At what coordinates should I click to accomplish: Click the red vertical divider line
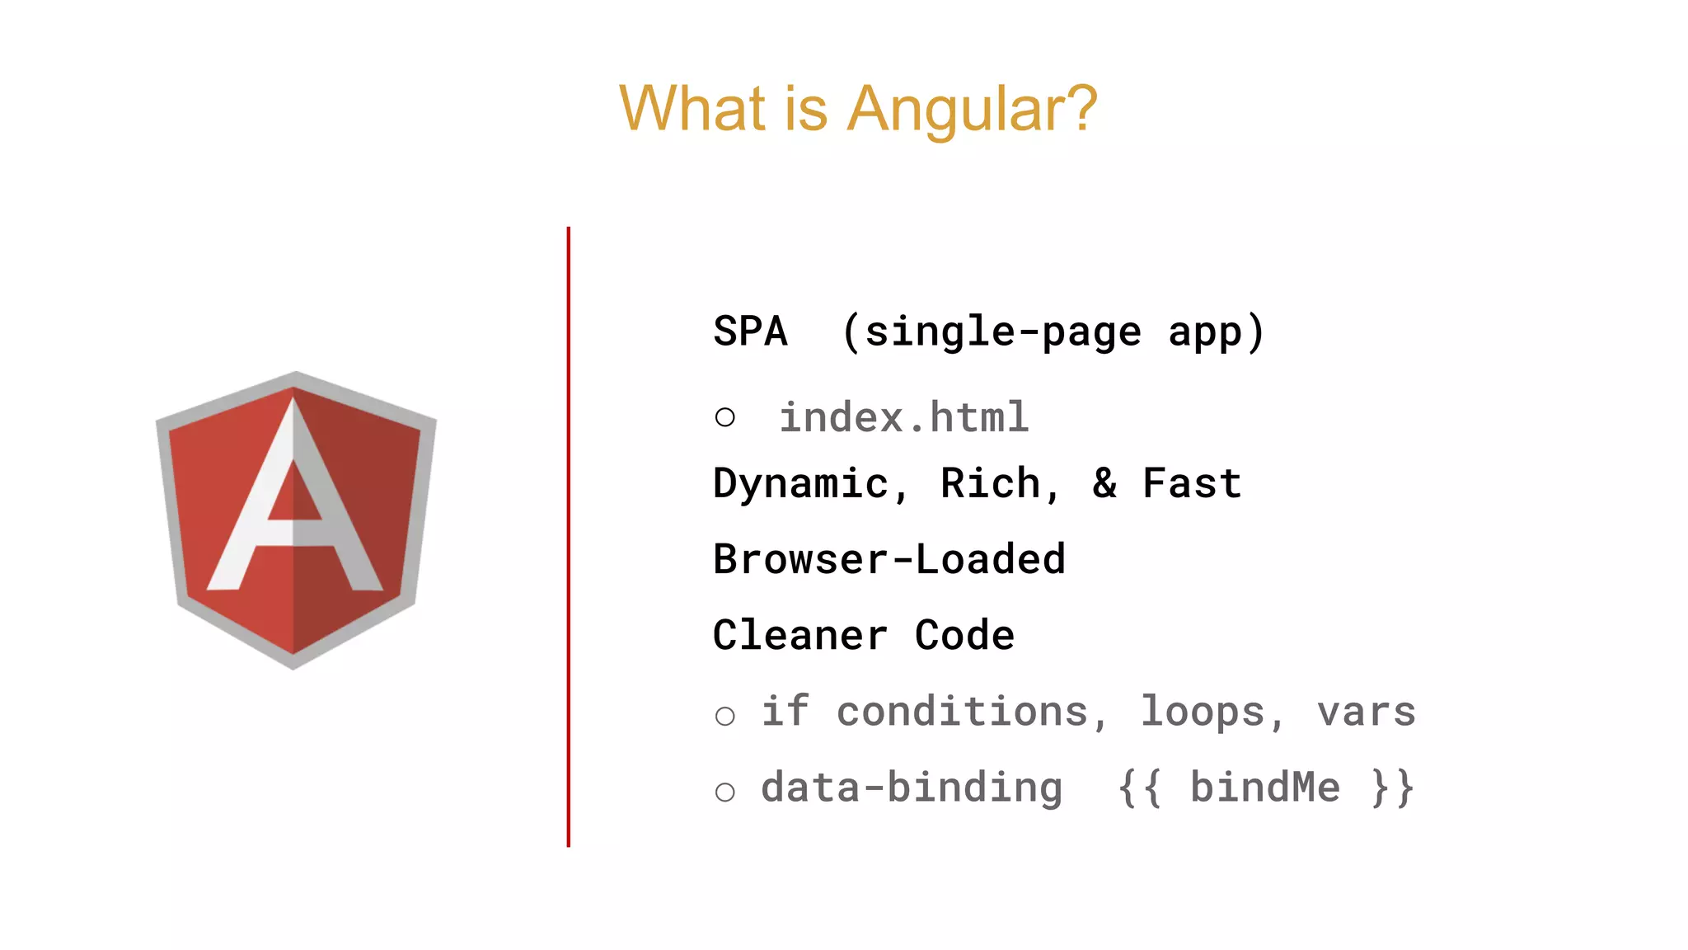tap(568, 536)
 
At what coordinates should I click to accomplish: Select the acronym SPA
tap(750, 332)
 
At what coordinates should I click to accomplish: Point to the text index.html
tap(903, 417)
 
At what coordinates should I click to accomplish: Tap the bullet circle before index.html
tap(725, 417)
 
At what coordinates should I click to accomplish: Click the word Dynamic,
tap(811, 484)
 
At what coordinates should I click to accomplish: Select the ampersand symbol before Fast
tap(1104, 483)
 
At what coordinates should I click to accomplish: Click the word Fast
tap(1192, 483)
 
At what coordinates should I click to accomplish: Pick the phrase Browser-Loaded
tap(889, 560)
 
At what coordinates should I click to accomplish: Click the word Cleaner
tap(799, 636)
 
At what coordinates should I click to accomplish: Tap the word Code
tap(964, 636)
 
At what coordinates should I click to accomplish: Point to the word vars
tap(1367, 712)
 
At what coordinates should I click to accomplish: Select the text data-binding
tap(912, 788)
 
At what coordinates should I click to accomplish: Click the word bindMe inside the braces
tap(1265, 788)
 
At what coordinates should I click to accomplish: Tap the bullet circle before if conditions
tap(725, 716)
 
